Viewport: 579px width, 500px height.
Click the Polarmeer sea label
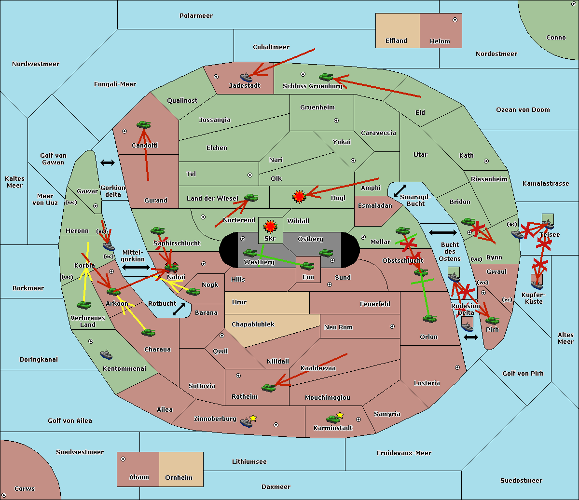coord(196,16)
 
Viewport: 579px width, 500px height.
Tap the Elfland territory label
coord(396,41)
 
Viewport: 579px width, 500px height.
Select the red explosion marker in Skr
coord(270,226)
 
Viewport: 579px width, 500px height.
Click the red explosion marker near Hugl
coord(299,196)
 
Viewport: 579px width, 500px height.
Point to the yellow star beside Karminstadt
coord(340,415)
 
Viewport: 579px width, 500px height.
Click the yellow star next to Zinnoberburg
coord(253,418)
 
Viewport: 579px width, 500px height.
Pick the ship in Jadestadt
coord(247,77)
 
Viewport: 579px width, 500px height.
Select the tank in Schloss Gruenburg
coord(326,77)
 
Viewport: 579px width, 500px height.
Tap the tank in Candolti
coord(143,124)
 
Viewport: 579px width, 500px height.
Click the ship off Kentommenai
coord(107,355)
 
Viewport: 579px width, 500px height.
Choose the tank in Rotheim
coord(269,387)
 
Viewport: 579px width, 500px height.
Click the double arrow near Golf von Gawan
coord(107,163)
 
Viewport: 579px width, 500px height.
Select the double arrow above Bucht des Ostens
coord(442,233)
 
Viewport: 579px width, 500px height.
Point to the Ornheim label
coord(179,478)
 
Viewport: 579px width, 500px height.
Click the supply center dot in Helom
coord(455,20)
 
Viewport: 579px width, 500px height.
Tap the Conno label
coord(556,38)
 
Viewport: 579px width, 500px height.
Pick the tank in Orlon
coord(429,319)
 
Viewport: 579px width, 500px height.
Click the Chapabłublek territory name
coord(253,324)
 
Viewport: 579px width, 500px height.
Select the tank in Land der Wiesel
coord(251,198)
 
